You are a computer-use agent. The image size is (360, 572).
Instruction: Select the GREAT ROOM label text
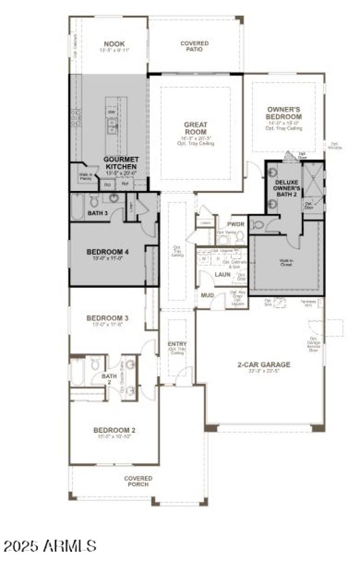tap(195, 128)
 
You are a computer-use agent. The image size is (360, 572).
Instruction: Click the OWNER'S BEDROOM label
tap(283, 113)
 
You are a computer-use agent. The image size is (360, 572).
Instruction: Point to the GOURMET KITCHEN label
tap(121, 163)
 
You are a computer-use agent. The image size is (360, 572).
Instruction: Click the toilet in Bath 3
tap(94, 201)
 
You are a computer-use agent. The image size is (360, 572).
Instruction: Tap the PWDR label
tap(235, 223)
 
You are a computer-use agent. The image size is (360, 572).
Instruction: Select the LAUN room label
tap(222, 273)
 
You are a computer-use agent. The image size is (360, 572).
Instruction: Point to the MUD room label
tap(207, 295)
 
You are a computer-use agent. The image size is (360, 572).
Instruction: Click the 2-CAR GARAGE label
tap(264, 365)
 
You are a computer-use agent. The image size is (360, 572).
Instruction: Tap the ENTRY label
tap(177, 344)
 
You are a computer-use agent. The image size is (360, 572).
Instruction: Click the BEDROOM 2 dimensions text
tap(114, 437)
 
